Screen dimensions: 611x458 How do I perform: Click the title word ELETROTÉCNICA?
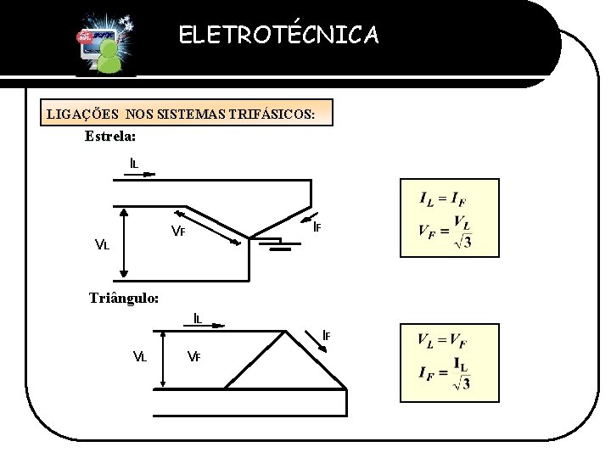point(279,35)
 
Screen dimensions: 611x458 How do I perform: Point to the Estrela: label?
point(110,136)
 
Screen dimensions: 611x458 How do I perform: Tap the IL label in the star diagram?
point(135,163)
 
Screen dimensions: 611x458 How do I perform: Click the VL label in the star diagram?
point(102,245)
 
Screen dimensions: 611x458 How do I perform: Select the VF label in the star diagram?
point(178,231)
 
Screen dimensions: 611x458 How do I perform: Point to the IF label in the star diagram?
point(316,226)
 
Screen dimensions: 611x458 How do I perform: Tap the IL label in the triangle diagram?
point(197,319)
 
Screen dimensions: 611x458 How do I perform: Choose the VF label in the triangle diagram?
point(193,355)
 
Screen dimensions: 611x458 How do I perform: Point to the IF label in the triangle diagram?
point(325,335)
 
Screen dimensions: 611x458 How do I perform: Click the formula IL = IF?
point(442,199)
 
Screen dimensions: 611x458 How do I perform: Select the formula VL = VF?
point(441,341)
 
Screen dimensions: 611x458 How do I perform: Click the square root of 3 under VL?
point(462,243)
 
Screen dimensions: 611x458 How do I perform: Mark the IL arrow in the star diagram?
point(143,176)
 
